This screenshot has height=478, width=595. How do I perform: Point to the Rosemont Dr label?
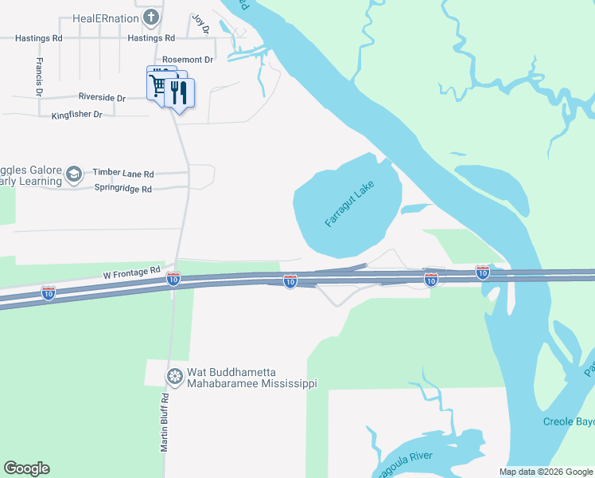coord(188,60)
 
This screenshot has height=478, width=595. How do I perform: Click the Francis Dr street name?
coord(39,76)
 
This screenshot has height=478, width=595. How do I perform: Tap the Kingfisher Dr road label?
coord(77,115)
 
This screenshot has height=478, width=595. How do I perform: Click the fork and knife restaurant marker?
coord(179,93)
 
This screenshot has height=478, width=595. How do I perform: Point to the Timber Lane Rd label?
coord(123,173)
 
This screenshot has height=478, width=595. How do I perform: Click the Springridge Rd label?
coord(122,190)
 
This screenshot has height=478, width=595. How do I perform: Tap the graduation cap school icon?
coord(74,174)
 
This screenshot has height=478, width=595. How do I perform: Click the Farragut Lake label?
coord(349,203)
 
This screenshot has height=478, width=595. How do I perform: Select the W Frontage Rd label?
coord(132,272)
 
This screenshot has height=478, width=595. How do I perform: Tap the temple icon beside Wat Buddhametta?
coord(173,375)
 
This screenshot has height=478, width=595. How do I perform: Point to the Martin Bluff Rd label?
coord(165,422)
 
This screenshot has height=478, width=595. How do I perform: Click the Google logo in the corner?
coord(26,468)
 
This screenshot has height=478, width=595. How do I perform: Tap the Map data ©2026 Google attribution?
coord(545,472)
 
